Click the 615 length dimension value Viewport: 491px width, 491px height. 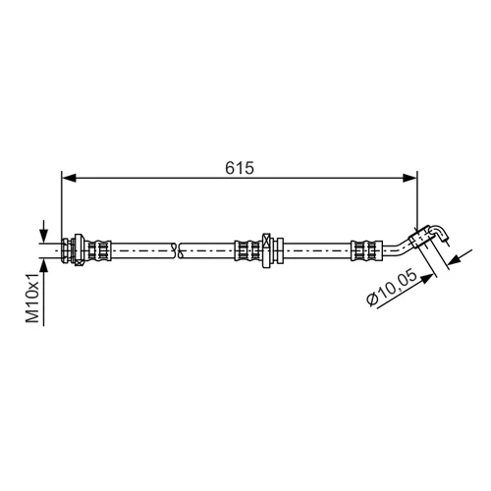(x=240, y=168)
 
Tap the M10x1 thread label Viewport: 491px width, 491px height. (x=33, y=298)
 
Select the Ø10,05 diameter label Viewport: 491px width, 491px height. (x=392, y=288)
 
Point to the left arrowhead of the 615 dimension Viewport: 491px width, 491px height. (x=69, y=178)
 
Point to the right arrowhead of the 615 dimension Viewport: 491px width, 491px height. (x=410, y=178)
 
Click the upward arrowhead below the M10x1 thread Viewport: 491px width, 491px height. (x=43, y=265)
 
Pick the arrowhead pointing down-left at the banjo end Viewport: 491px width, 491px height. (x=455, y=260)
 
